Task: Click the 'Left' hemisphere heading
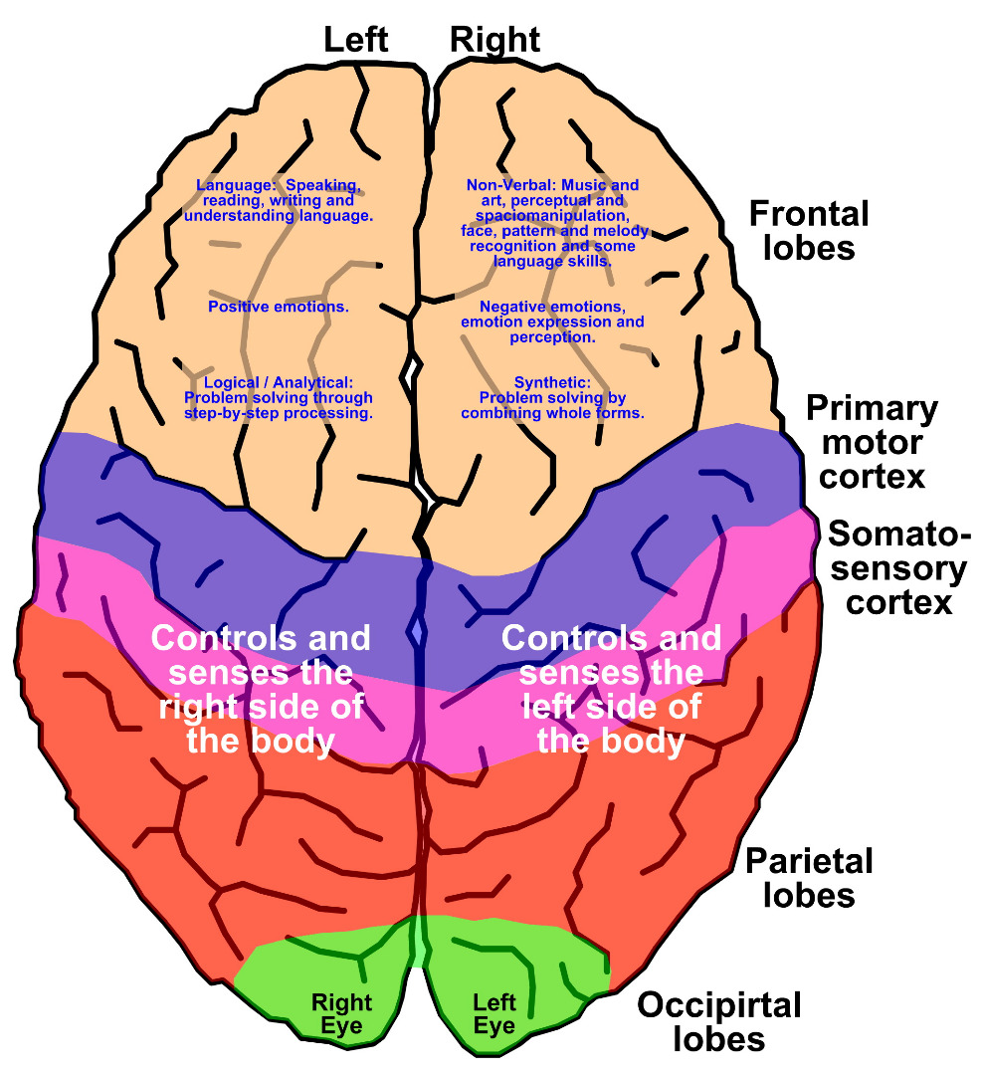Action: [355, 40]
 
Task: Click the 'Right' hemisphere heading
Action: [494, 40]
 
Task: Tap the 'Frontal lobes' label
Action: [808, 230]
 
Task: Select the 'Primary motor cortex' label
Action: [872, 442]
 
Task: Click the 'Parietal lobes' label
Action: [809, 877]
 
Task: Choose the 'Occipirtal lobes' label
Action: [719, 1022]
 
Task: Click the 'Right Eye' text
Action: [341, 1013]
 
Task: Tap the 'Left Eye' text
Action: [494, 1013]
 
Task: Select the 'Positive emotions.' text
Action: [279, 307]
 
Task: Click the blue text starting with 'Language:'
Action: [279, 199]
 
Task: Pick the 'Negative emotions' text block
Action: [553, 322]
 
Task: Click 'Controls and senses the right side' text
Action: [261, 689]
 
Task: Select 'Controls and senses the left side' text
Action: [611, 689]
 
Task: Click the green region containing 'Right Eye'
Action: [298, 970]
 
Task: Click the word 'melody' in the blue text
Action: [625, 231]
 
